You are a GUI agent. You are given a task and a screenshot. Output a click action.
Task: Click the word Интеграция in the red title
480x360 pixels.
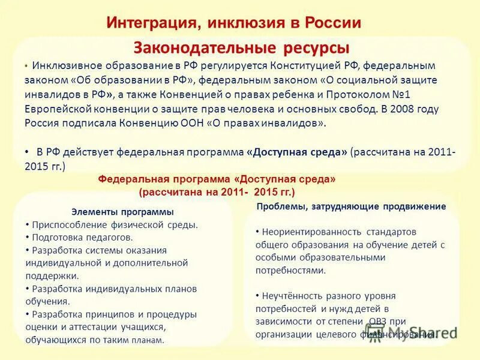(149, 23)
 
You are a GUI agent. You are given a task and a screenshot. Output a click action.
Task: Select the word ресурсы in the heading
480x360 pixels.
(313, 47)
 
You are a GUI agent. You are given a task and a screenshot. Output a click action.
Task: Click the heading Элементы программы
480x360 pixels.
(122, 212)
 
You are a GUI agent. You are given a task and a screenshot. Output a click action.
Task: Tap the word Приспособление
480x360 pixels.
(68, 225)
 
